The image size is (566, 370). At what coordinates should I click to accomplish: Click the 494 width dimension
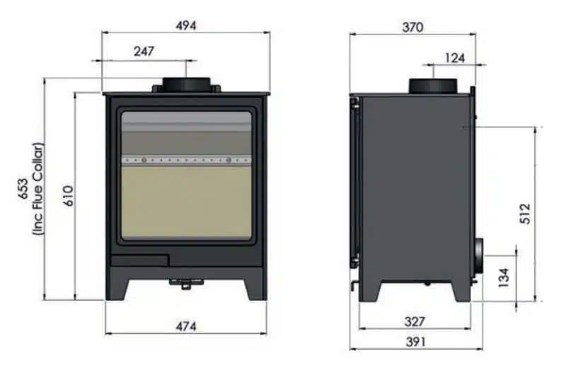[x=186, y=25]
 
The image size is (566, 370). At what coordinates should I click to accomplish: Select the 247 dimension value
[x=143, y=51]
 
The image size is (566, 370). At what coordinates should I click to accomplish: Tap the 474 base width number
[x=186, y=326]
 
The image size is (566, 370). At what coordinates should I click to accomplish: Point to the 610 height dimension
[x=67, y=196]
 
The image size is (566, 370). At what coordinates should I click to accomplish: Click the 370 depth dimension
[x=412, y=28]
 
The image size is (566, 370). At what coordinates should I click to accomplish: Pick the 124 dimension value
[x=455, y=58]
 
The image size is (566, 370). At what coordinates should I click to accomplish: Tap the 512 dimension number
[x=524, y=213]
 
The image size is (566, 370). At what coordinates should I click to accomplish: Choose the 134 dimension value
[x=504, y=277]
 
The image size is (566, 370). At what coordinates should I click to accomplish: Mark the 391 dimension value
[x=415, y=342]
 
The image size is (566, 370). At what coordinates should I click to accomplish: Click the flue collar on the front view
[x=187, y=84]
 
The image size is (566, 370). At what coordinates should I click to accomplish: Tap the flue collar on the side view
[x=432, y=86]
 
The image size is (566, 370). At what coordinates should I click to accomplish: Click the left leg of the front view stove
[x=117, y=287]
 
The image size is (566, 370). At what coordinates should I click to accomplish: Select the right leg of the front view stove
[x=255, y=287]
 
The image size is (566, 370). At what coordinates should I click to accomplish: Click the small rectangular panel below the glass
[x=139, y=260]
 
